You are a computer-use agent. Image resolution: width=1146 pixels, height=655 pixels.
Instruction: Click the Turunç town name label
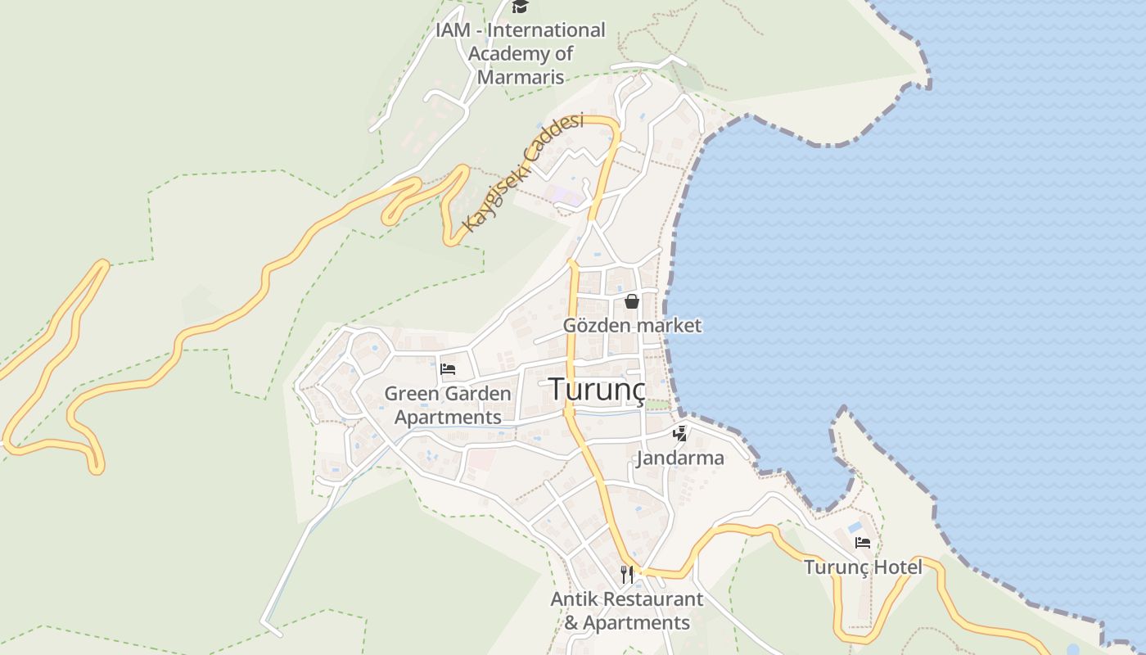pyautogui.click(x=597, y=389)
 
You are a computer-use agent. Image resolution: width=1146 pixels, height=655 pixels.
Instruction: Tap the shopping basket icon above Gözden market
pyautogui.click(x=632, y=301)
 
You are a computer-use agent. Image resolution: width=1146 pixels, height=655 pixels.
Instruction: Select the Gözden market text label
pyautogui.click(x=632, y=325)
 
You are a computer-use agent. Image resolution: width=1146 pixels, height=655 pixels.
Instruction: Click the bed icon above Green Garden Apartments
pyautogui.click(x=448, y=368)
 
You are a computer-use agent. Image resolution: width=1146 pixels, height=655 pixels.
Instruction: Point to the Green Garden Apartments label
pyautogui.click(x=448, y=405)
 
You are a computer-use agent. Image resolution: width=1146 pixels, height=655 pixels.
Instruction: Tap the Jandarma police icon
pyautogui.click(x=679, y=433)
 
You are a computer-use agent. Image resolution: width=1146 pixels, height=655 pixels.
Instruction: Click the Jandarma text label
pyautogui.click(x=680, y=458)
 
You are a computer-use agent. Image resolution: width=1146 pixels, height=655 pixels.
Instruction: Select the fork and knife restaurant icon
pyautogui.click(x=627, y=575)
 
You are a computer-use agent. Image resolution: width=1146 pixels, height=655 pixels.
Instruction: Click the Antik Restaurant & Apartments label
pyautogui.click(x=627, y=611)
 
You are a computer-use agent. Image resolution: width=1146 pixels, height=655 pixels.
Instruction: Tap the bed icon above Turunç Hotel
pyautogui.click(x=863, y=542)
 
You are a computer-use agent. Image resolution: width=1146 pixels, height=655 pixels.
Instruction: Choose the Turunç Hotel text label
pyautogui.click(x=863, y=567)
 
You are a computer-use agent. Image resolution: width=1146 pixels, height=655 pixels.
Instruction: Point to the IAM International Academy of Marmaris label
pyautogui.click(x=521, y=54)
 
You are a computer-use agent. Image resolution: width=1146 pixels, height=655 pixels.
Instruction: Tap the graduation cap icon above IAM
pyautogui.click(x=520, y=7)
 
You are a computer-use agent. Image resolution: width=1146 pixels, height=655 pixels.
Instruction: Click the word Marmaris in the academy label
pyautogui.click(x=521, y=78)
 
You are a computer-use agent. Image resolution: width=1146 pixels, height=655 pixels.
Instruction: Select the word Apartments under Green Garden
pyautogui.click(x=448, y=418)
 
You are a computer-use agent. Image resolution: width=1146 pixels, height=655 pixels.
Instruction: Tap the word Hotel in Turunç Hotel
pyautogui.click(x=897, y=567)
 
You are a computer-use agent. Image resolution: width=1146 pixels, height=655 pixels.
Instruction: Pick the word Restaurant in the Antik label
pyautogui.click(x=653, y=599)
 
